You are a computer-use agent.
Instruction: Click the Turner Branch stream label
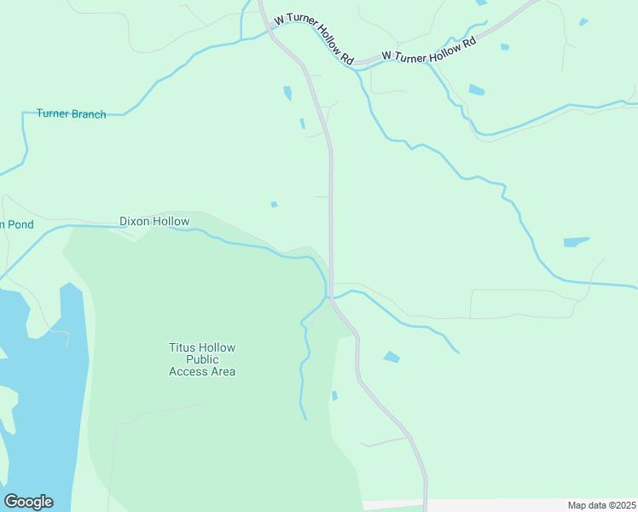[x=71, y=113]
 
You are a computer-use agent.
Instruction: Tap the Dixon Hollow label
[x=154, y=221]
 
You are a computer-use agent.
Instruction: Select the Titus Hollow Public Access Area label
[x=202, y=359]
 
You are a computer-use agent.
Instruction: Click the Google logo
[x=28, y=501]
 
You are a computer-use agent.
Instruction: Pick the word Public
[x=202, y=359]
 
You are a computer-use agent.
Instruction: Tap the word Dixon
[x=134, y=221]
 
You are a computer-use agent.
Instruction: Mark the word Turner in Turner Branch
[x=53, y=113]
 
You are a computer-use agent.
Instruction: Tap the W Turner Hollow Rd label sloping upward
[x=428, y=49]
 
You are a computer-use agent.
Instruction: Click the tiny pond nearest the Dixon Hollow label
[x=274, y=204]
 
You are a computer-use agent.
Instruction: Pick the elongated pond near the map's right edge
[x=577, y=242]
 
